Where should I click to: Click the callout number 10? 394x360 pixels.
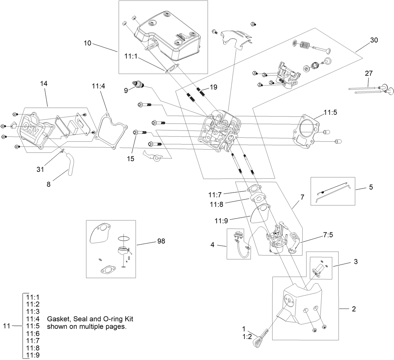pos(87,43)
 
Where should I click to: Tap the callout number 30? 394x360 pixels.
pos(374,40)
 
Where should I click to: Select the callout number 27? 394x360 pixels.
pos(369,73)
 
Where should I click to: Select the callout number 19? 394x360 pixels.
pos(213,87)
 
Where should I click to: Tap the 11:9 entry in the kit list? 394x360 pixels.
pos(33,355)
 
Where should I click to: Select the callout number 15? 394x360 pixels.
pos(131,159)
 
